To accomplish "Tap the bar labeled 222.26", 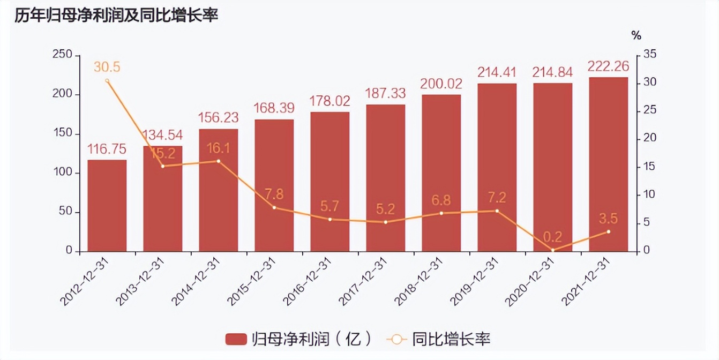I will coord(608,164).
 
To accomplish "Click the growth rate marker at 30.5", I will coord(107,81).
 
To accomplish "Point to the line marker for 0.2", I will coord(552,250).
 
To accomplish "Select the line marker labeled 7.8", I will coord(274,207).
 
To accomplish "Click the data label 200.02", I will coord(441,84).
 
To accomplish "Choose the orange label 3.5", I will coord(608,218).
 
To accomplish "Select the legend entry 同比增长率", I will coord(440,339).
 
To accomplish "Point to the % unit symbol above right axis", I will coord(636,36).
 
